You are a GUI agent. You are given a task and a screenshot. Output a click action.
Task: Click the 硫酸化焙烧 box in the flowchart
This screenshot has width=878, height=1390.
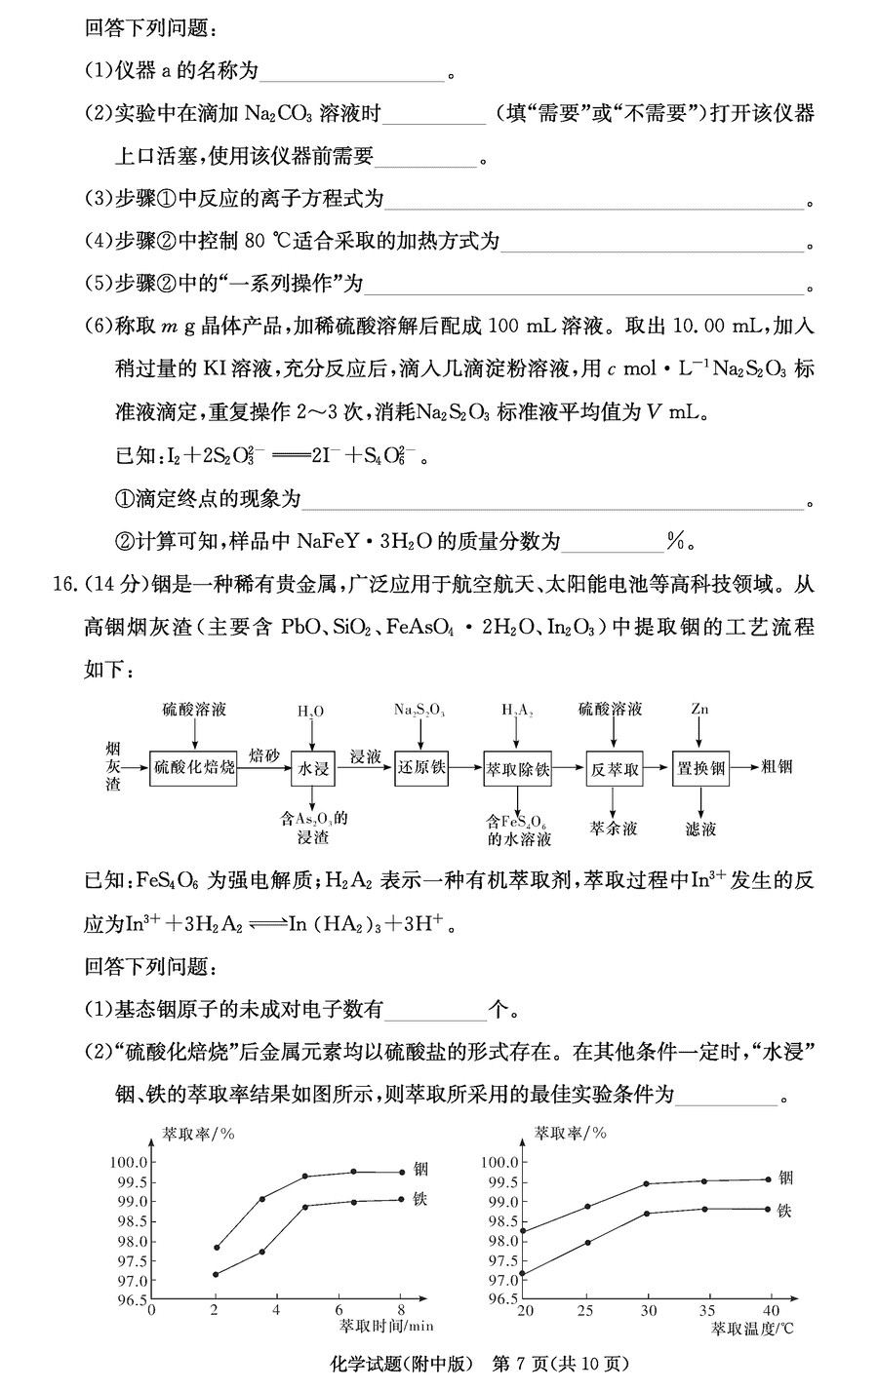(194, 768)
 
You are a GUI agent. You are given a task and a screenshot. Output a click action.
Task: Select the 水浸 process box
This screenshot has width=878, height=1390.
(312, 768)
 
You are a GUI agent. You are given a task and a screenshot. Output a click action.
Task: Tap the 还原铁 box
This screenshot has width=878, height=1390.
(420, 768)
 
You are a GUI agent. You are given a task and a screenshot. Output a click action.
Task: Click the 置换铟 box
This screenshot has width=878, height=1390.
(700, 768)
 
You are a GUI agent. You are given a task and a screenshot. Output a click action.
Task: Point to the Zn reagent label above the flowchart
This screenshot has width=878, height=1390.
(699, 709)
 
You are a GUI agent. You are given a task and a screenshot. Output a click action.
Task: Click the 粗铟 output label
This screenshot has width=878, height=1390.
(777, 767)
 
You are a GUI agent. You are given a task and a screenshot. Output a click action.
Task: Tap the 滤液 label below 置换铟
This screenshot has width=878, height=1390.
(700, 829)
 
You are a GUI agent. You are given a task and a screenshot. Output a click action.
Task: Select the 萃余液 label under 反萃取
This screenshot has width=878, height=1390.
(614, 829)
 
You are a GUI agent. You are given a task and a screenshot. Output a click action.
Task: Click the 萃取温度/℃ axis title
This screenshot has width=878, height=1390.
(752, 1328)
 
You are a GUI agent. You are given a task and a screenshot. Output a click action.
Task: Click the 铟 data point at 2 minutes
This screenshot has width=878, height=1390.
(217, 1247)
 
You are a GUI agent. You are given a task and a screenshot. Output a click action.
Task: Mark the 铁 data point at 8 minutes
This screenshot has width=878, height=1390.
(401, 1199)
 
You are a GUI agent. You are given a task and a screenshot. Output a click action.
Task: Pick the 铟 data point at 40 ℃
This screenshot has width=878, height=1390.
(768, 1179)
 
